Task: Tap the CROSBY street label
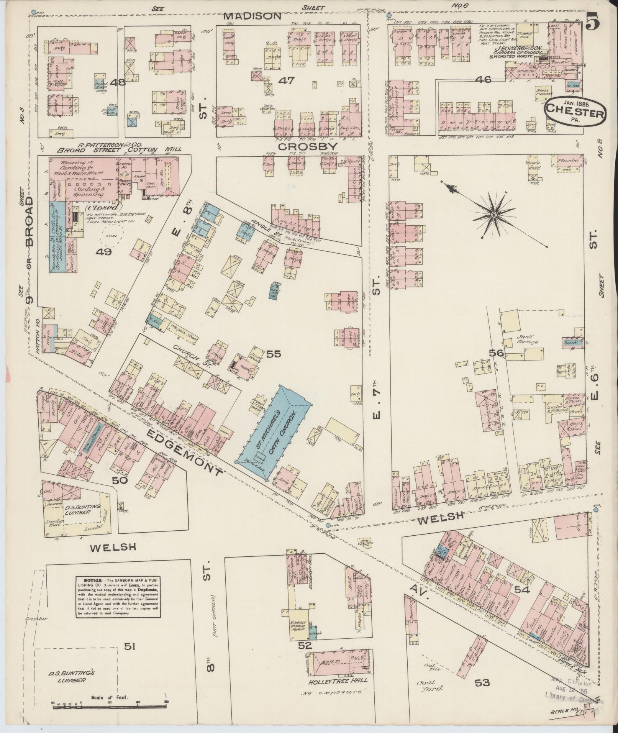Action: (x=308, y=147)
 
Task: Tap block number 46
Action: (x=483, y=80)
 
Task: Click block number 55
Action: (x=274, y=354)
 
